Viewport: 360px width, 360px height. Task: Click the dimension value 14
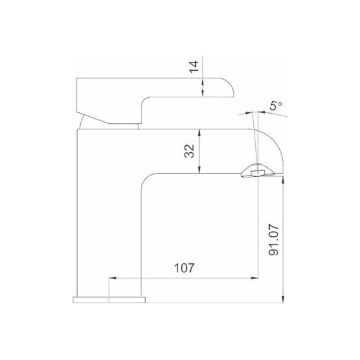click(x=194, y=67)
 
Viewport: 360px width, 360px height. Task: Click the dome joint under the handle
click(x=111, y=123)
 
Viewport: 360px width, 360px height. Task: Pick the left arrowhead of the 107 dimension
click(x=113, y=277)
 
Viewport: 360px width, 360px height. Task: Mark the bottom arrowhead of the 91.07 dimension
click(x=284, y=299)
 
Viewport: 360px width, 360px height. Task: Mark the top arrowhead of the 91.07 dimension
click(x=284, y=178)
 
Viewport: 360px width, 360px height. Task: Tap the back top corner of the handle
click(x=77, y=80)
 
